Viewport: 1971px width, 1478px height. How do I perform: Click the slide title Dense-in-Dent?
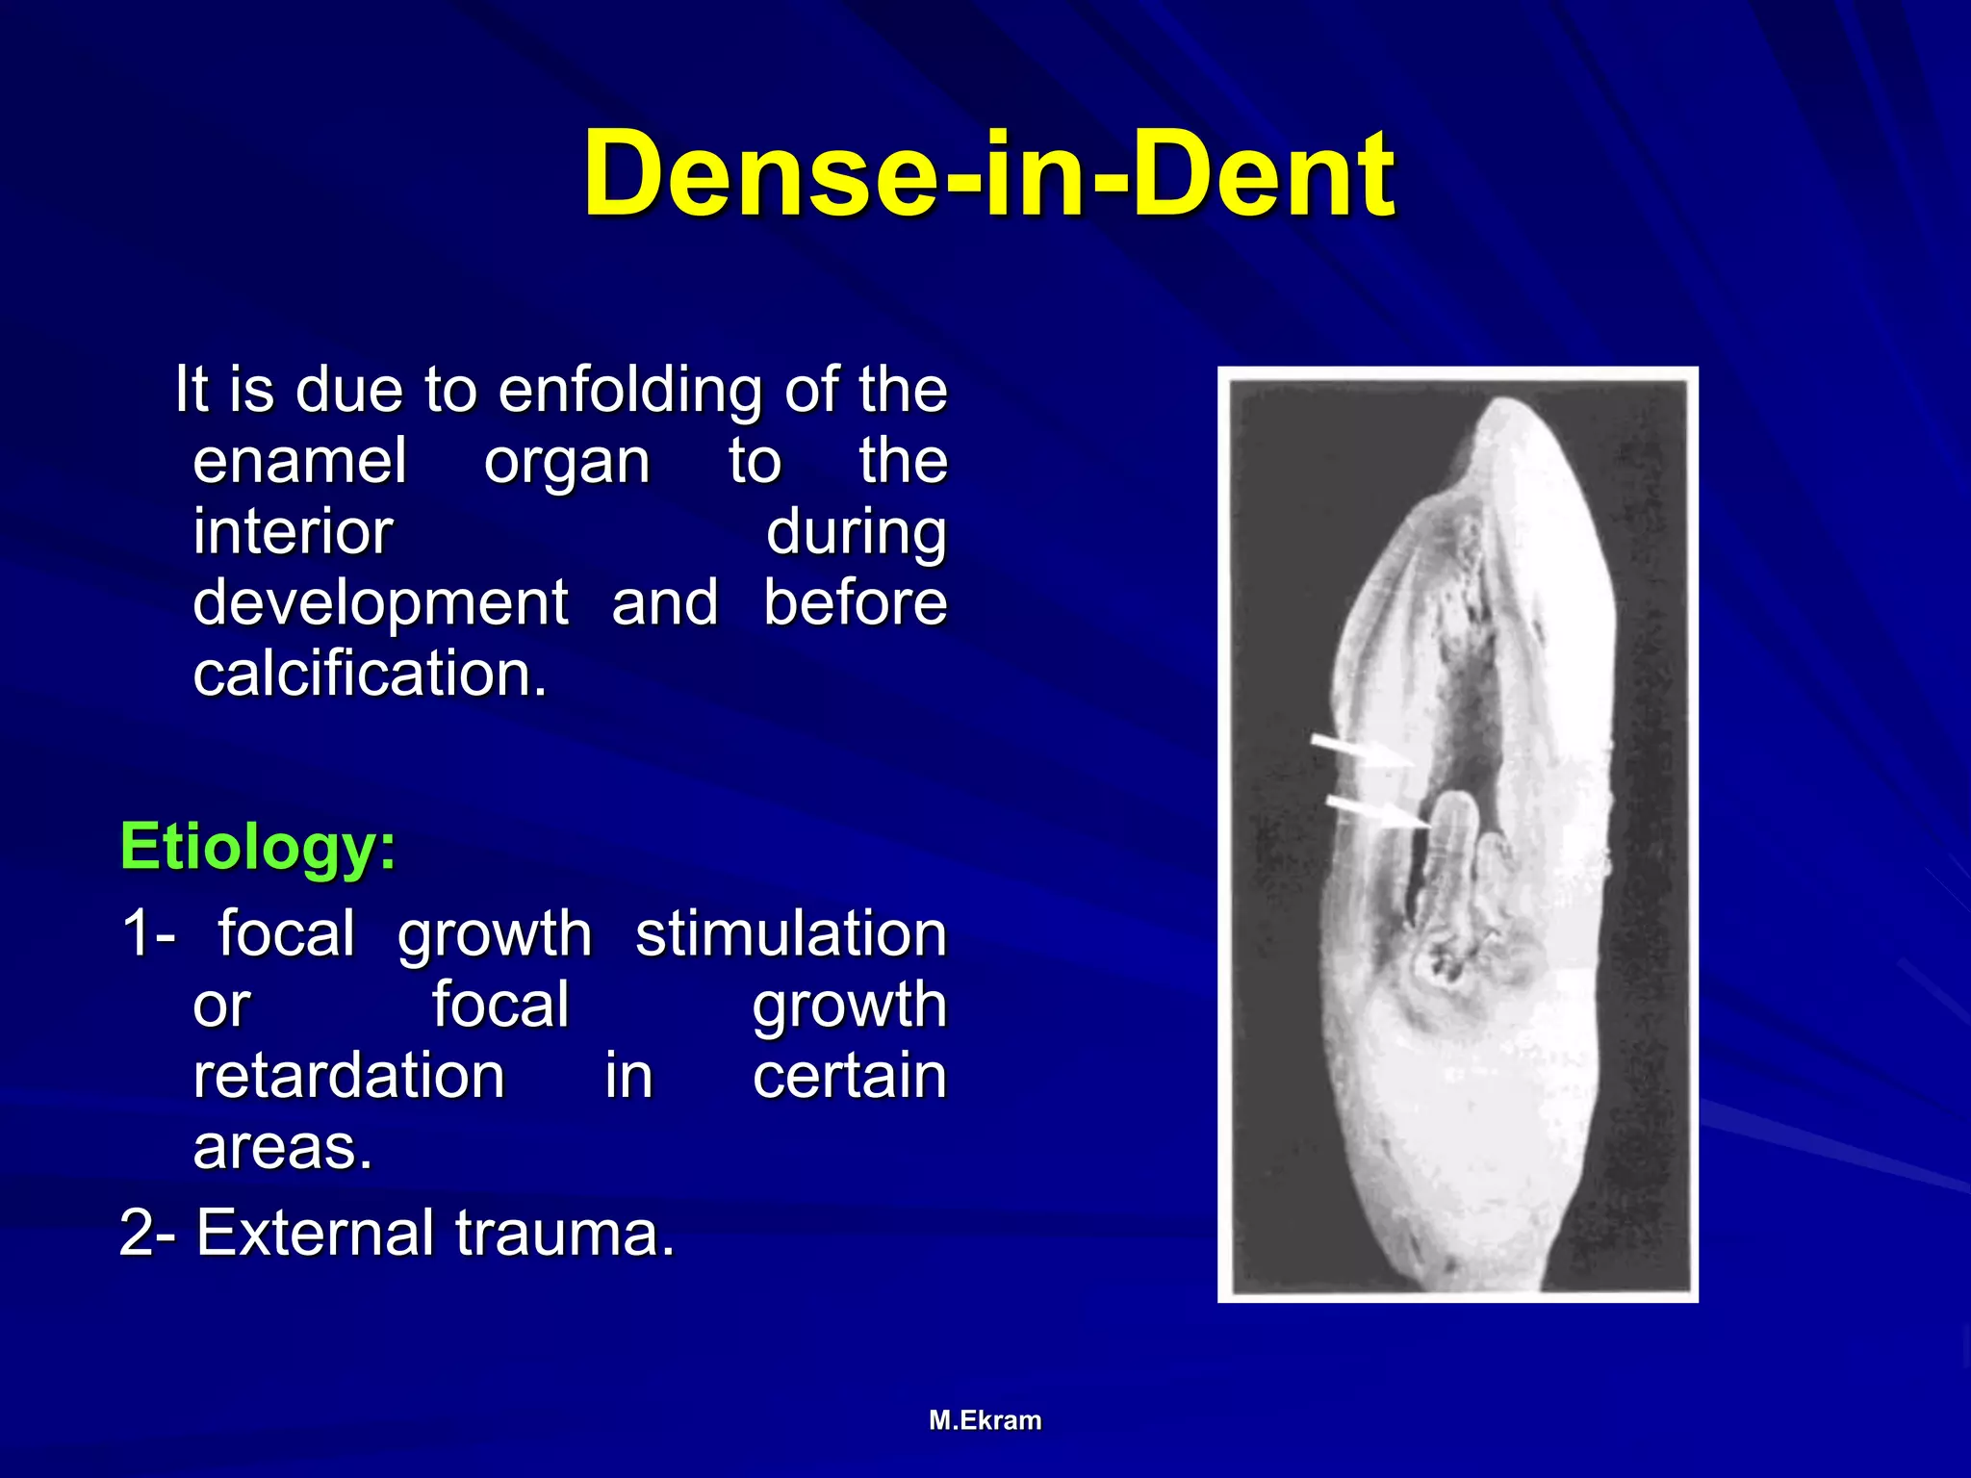tap(988, 175)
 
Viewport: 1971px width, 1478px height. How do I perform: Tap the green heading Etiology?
tap(258, 847)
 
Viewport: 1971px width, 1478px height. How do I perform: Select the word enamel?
tap(299, 461)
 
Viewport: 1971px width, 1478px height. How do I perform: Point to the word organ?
tap(567, 463)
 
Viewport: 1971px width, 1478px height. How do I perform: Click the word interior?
tap(293, 532)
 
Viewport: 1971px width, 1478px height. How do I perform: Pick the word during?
tap(856, 532)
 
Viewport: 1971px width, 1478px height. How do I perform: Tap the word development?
tap(380, 604)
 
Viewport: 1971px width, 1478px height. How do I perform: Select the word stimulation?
tap(791, 934)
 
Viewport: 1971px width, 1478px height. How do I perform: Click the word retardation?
tap(348, 1076)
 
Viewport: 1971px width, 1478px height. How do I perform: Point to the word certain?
tap(850, 1076)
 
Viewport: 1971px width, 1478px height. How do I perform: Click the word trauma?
tap(565, 1233)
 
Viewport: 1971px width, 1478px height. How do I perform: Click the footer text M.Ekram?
tap(985, 1420)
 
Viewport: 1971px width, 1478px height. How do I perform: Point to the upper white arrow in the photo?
tap(1362, 751)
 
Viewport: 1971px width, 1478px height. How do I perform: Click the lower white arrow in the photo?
tap(1376, 811)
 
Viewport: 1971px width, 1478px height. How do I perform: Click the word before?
tap(856, 603)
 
